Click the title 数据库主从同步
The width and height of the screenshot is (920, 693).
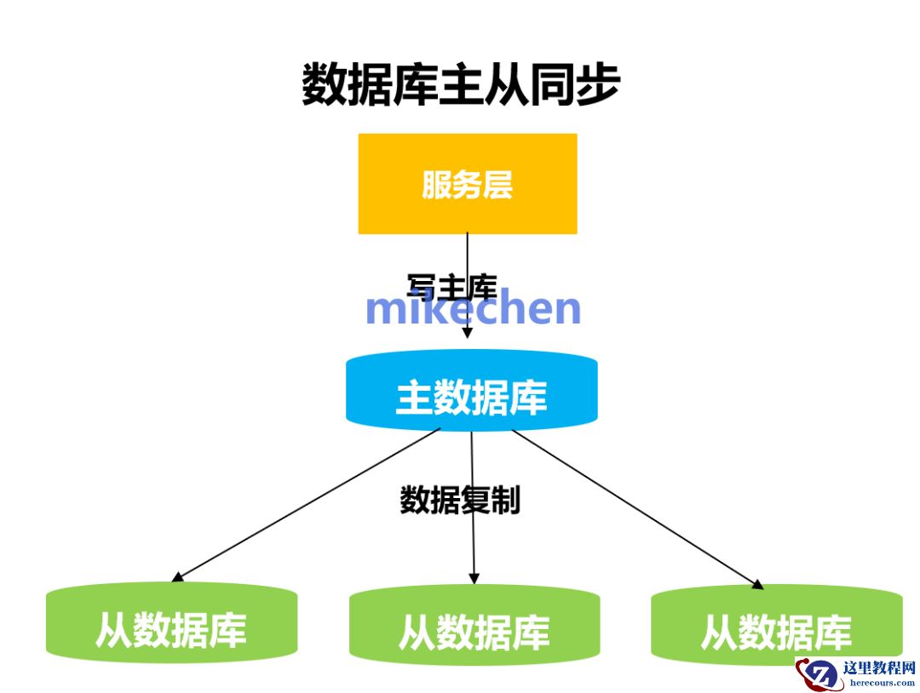click(461, 86)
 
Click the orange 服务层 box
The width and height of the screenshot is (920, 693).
click(467, 184)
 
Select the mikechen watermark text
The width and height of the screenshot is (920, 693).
click(473, 309)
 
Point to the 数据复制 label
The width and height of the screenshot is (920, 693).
click(460, 501)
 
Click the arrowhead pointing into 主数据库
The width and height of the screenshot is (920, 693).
click(467, 333)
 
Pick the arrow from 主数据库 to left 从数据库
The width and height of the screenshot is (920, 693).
click(307, 506)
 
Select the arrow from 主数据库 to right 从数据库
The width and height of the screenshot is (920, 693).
click(635, 507)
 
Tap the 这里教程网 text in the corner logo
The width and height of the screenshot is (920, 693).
click(878, 668)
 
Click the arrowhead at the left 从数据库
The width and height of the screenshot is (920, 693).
click(177, 578)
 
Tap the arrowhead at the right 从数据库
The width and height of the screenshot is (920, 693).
click(757, 584)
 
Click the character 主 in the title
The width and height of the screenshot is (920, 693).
click(461, 86)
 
